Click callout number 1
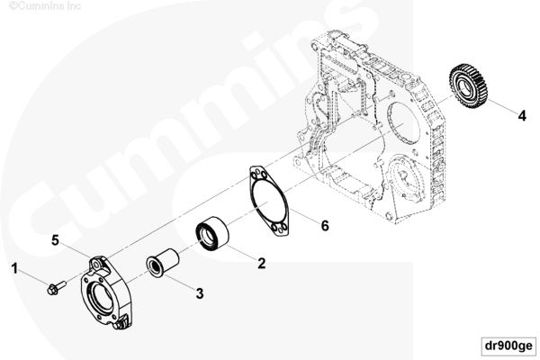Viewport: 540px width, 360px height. [14, 268]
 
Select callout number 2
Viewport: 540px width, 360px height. [262, 263]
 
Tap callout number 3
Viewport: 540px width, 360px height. [200, 293]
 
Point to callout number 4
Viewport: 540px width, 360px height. [522, 116]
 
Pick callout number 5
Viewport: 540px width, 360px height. [56, 240]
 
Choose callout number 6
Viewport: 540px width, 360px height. [325, 226]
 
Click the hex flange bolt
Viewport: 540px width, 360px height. [56, 288]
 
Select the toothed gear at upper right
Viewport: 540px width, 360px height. [468, 85]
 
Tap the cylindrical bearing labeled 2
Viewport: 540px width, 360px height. [212, 232]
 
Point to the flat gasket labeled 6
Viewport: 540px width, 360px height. [268, 202]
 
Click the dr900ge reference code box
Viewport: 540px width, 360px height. [508, 346]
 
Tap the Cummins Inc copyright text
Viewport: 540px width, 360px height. [45, 6]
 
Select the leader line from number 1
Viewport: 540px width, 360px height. [33, 277]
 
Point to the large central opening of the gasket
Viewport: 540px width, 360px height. [269, 202]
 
